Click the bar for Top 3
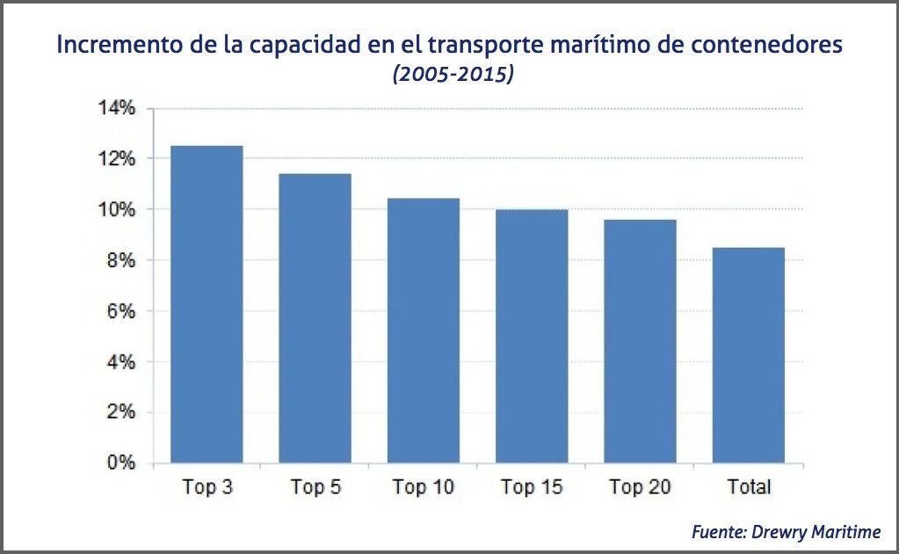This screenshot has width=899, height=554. pos(207,304)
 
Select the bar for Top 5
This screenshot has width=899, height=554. pos(315,318)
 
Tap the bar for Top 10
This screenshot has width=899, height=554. pos(424,331)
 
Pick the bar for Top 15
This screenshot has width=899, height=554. pos(532,336)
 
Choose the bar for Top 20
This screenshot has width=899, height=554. pos(640,341)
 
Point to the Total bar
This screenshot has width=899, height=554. pos(748,355)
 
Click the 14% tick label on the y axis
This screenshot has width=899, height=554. pos(116,108)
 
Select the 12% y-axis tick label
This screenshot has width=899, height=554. pos(116,159)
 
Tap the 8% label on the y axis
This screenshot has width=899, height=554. pos(120,260)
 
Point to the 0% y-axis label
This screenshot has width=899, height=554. pos(120,463)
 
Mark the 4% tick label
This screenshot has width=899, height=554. pos(120,361)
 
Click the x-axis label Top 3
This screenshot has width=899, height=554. pos(207,487)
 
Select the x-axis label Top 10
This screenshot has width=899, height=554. pos(424,487)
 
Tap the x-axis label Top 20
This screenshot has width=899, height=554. pos(640,487)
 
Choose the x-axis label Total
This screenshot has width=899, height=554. pos(749,487)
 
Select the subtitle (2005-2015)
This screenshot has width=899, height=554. pos(453,74)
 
